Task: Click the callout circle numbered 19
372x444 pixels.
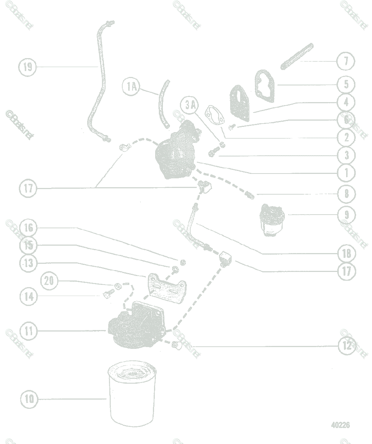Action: [28, 67]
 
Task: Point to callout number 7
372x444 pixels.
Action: [346, 61]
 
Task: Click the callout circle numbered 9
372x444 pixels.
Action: [347, 215]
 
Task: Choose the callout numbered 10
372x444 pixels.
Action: [29, 399]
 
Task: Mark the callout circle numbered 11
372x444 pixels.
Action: [29, 331]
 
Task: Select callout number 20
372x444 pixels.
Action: [49, 281]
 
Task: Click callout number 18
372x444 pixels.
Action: [347, 253]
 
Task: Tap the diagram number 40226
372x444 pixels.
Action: [340, 425]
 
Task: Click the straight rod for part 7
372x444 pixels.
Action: [297, 56]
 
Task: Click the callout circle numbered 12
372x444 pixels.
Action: [347, 346]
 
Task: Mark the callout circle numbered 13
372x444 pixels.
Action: [29, 263]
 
